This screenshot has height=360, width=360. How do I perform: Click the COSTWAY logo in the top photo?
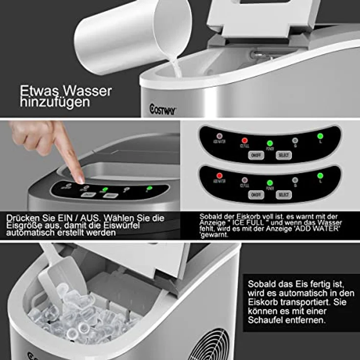163,111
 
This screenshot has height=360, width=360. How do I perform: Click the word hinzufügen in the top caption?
55,102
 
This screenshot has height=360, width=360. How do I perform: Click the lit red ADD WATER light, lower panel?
220,176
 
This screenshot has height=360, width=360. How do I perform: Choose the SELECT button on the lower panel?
283,195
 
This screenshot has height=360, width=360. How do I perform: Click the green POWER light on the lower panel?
270,183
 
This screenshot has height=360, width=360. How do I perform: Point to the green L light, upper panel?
320,136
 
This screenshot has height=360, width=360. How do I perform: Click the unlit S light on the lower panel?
295,180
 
